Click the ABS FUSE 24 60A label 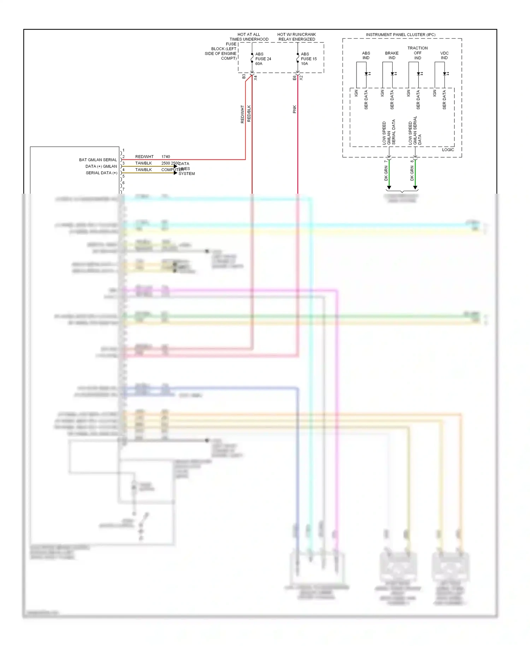(263, 59)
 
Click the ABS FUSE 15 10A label (308, 59)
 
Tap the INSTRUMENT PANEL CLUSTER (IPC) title (400, 35)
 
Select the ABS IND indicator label (366, 55)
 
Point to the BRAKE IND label (391, 55)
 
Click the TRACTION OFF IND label (417, 53)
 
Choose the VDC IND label (444, 55)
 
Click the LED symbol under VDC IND (445, 74)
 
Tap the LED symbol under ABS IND (367, 74)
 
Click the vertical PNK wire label (294, 109)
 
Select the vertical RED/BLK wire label (249, 113)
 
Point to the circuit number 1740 (165, 157)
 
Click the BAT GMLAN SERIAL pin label (98, 160)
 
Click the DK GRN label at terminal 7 (386, 173)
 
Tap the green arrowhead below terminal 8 (415, 187)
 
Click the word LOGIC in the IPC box (448, 150)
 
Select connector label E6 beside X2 (294, 78)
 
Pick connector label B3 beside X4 (244, 76)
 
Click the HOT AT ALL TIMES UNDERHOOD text (249, 37)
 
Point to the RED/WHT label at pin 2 (144, 157)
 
